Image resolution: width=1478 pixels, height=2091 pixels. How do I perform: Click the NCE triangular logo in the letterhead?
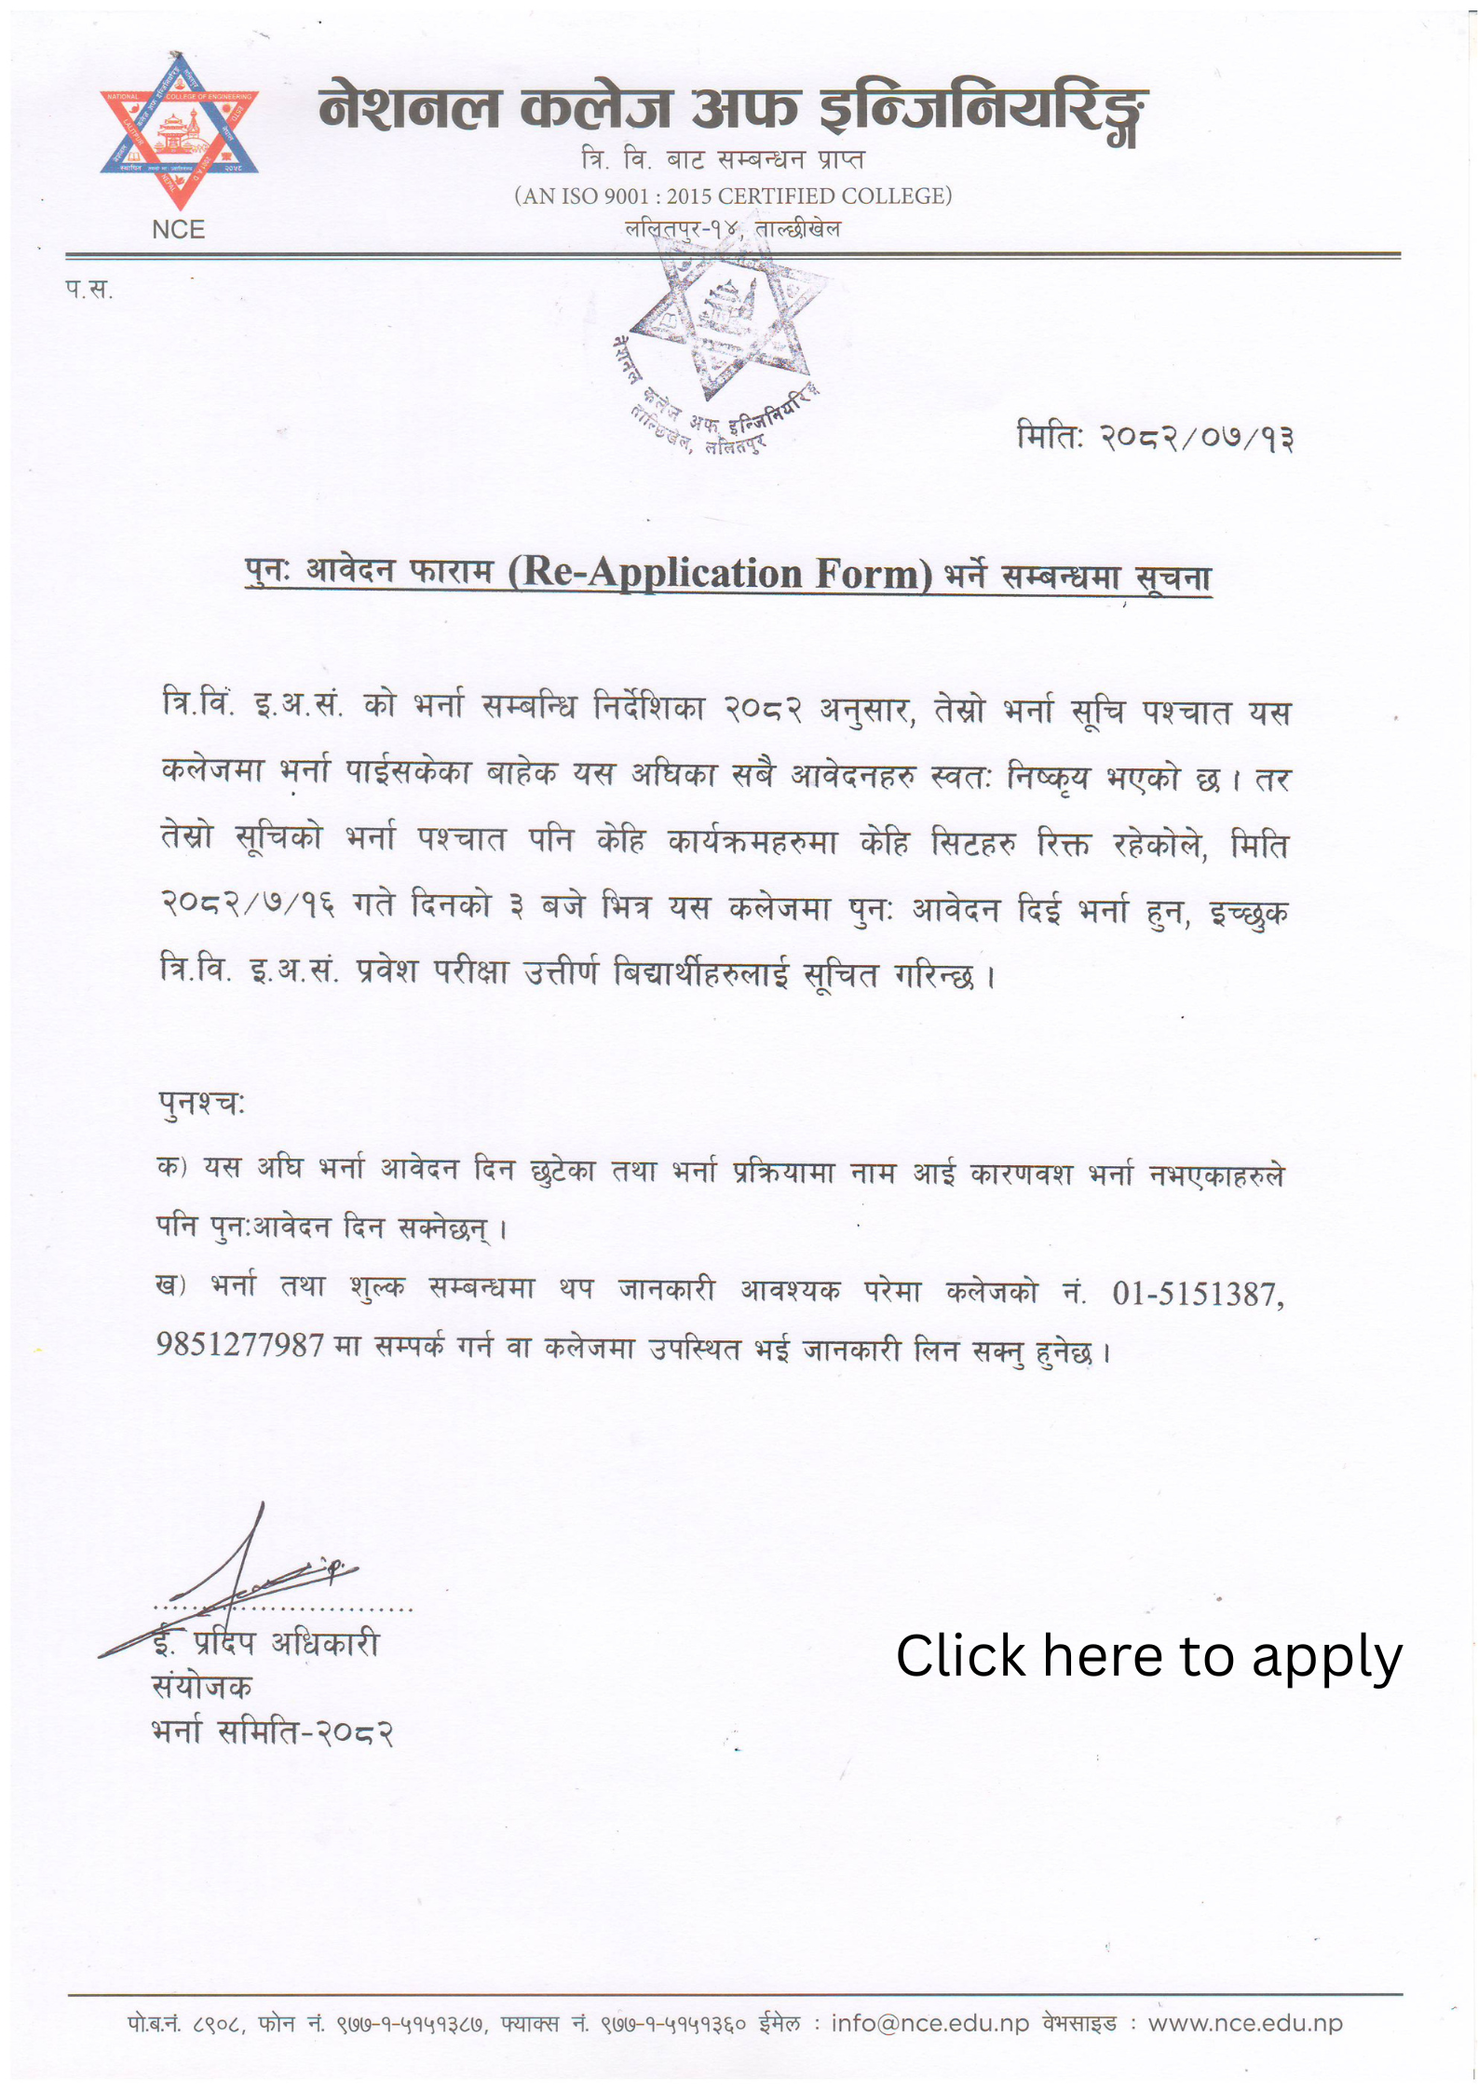pyautogui.click(x=179, y=130)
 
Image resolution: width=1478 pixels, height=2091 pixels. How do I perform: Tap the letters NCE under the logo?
pyautogui.click(x=178, y=230)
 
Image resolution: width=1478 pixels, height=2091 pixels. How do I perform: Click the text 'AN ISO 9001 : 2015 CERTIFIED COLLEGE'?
pyautogui.click(x=733, y=196)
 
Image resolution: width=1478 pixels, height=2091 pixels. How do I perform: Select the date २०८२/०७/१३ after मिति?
pyautogui.click(x=1197, y=437)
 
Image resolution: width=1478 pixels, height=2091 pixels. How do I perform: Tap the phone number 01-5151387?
pyautogui.click(x=1197, y=1294)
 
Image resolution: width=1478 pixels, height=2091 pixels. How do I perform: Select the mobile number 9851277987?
pyautogui.click(x=239, y=1345)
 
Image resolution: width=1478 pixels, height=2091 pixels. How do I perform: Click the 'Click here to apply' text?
pyautogui.click(x=1148, y=1657)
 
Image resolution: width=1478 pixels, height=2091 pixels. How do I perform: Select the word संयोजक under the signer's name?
pyautogui.click(x=201, y=1687)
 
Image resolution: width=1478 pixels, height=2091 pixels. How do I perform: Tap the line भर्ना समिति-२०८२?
pyautogui.click(x=272, y=1732)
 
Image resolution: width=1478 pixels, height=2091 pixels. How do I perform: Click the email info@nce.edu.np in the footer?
pyautogui.click(x=929, y=2023)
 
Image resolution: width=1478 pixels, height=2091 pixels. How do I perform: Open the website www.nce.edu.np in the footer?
pyautogui.click(x=1244, y=2023)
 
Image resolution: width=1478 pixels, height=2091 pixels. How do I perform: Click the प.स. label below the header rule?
pyautogui.click(x=89, y=290)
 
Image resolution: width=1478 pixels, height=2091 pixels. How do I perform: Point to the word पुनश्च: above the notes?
pyautogui.click(x=201, y=1103)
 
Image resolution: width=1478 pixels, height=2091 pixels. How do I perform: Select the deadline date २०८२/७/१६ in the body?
pyautogui.click(x=247, y=904)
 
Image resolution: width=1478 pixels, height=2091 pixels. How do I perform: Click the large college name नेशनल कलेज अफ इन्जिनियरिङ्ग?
pyautogui.click(x=733, y=110)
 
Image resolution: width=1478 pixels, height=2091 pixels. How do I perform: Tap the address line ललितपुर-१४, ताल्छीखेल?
pyautogui.click(x=733, y=228)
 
